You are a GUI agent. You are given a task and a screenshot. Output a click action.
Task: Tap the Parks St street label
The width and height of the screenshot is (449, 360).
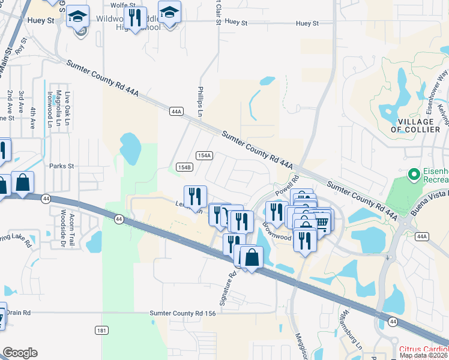[61, 166]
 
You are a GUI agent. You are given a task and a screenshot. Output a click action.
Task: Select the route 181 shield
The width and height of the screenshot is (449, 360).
[101, 331]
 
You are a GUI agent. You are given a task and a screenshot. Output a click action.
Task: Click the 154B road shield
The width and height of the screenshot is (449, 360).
[184, 167]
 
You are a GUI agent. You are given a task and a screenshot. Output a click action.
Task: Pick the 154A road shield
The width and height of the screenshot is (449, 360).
[204, 155]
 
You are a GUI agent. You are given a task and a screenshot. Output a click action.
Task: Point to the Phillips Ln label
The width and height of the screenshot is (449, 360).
[200, 97]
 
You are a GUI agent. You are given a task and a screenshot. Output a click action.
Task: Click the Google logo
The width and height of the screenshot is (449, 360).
[20, 353]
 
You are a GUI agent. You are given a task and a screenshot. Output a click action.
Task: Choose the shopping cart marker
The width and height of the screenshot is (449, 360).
[322, 222]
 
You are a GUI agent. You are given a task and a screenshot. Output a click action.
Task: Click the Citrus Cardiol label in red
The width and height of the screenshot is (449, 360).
[423, 349]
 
